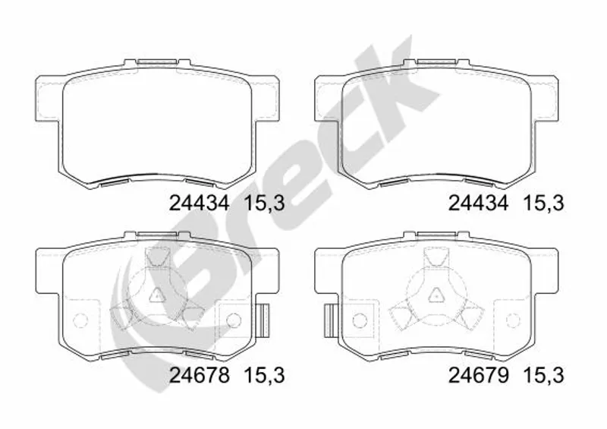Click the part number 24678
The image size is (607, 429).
(x=200, y=375)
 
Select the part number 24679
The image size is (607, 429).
(x=479, y=375)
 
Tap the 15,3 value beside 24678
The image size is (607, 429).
(x=265, y=376)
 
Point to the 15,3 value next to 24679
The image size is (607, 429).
(x=543, y=376)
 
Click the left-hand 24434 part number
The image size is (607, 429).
(x=200, y=203)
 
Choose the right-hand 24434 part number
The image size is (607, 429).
(x=479, y=203)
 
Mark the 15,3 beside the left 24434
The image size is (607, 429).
(x=265, y=203)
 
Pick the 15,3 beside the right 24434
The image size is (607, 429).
(x=543, y=203)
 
